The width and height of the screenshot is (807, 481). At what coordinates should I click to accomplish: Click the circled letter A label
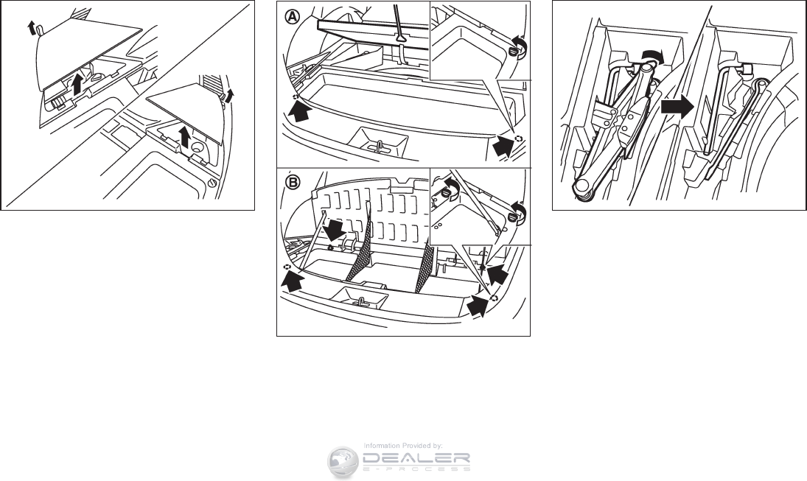[290, 15]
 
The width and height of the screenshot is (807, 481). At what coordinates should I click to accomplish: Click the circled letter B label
[290, 180]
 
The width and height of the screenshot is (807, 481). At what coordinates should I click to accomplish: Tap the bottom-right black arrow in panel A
[503, 147]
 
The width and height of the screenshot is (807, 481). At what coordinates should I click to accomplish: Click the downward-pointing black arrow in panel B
[335, 229]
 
